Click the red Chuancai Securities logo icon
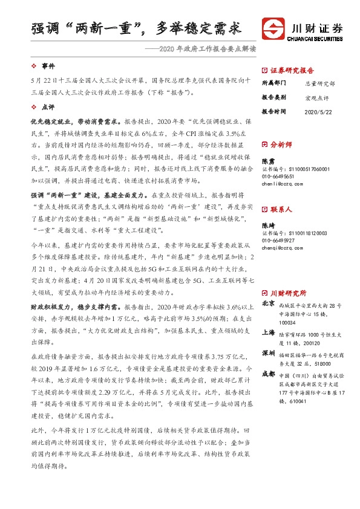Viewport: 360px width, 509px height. click(271, 27)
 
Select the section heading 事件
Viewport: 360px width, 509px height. click(48, 65)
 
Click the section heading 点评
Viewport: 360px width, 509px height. click(48, 106)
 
